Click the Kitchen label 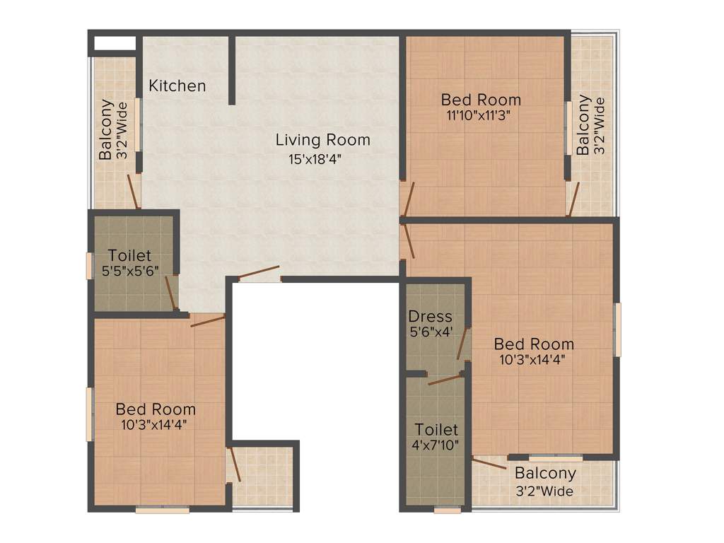(x=177, y=86)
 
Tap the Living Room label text (x=322, y=140)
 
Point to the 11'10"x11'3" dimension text (x=479, y=115)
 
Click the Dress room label (x=430, y=316)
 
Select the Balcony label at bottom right (x=545, y=474)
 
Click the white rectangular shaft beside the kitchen (x=115, y=42)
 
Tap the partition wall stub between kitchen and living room (x=232, y=71)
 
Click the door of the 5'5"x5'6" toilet (x=170, y=293)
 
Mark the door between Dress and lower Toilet (x=445, y=380)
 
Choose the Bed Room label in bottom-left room (x=156, y=409)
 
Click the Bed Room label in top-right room (x=481, y=100)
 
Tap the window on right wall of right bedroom (x=617, y=329)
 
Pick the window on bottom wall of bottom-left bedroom (x=162, y=509)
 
